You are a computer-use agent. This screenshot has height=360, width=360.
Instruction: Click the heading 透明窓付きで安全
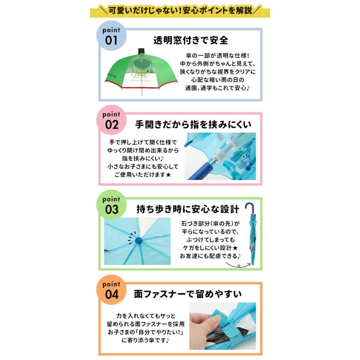[191, 40]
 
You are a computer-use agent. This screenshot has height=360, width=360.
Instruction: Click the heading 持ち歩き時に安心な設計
[188, 209]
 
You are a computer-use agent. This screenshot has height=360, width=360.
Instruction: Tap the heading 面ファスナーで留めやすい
[188, 295]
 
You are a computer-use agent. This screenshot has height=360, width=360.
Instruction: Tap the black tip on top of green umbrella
[141, 51]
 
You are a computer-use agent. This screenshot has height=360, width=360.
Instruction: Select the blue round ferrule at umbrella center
[138, 241]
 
